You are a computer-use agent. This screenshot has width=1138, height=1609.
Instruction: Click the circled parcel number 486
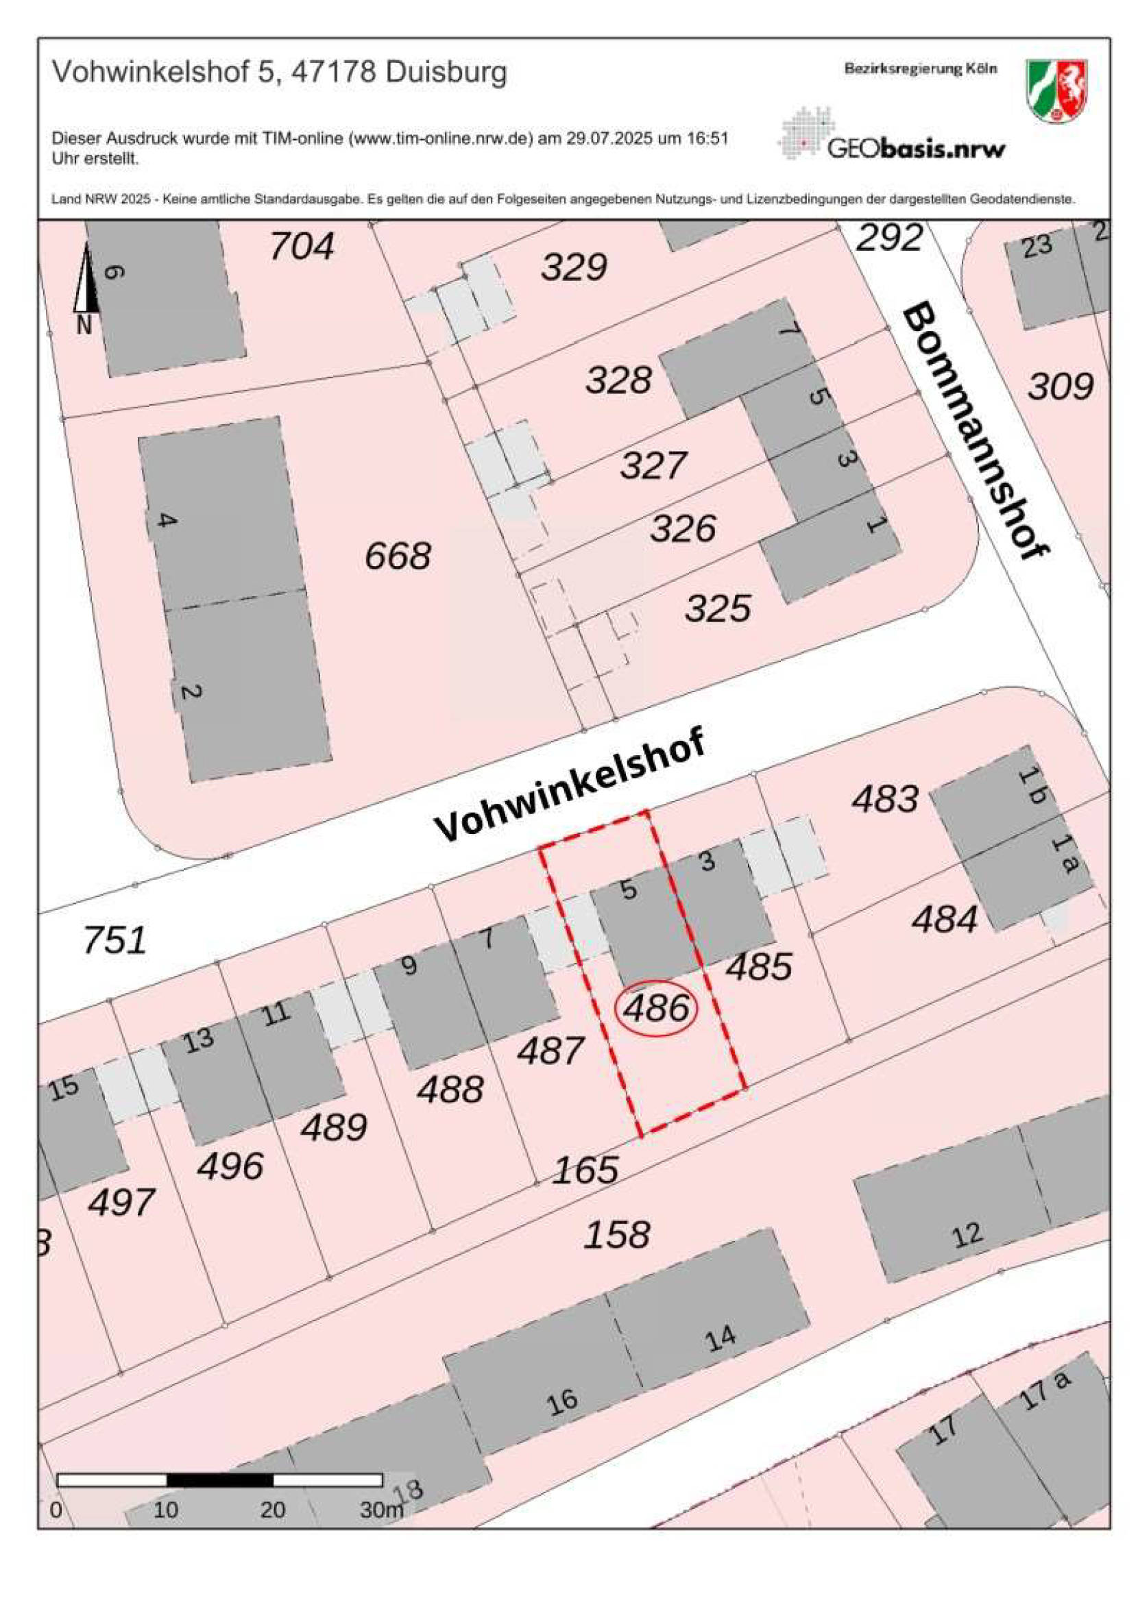(x=656, y=1009)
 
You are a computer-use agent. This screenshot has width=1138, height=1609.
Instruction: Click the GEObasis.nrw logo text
(x=917, y=148)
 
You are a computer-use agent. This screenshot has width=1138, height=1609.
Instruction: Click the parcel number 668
(x=398, y=556)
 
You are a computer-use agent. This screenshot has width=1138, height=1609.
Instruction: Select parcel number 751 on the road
(x=115, y=940)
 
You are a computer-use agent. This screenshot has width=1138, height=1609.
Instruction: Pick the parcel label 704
(x=302, y=246)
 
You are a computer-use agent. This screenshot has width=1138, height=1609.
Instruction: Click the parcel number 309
(x=1060, y=386)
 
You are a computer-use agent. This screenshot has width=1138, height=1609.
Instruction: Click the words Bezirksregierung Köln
(x=920, y=69)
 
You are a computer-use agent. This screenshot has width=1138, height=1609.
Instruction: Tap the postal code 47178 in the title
(x=334, y=72)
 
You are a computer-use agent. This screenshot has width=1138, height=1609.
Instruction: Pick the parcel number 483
(x=885, y=799)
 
